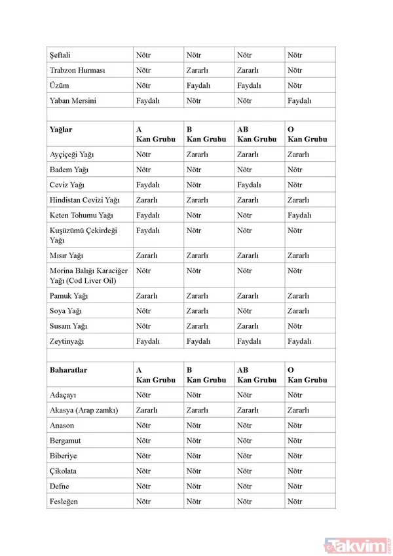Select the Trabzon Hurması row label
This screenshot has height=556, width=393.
tap(77, 70)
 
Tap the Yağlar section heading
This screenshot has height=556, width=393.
tap(61, 130)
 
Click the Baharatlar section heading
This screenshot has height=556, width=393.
tap(68, 371)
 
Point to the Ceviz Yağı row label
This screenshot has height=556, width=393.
tap(68, 185)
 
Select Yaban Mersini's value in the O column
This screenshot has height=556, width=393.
tap(299, 101)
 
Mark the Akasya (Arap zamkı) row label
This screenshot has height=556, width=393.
tap(83, 411)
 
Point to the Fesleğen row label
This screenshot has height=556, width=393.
tap(64, 502)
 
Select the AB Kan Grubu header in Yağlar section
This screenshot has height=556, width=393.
tap(256, 134)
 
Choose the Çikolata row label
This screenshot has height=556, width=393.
tap(64, 472)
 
